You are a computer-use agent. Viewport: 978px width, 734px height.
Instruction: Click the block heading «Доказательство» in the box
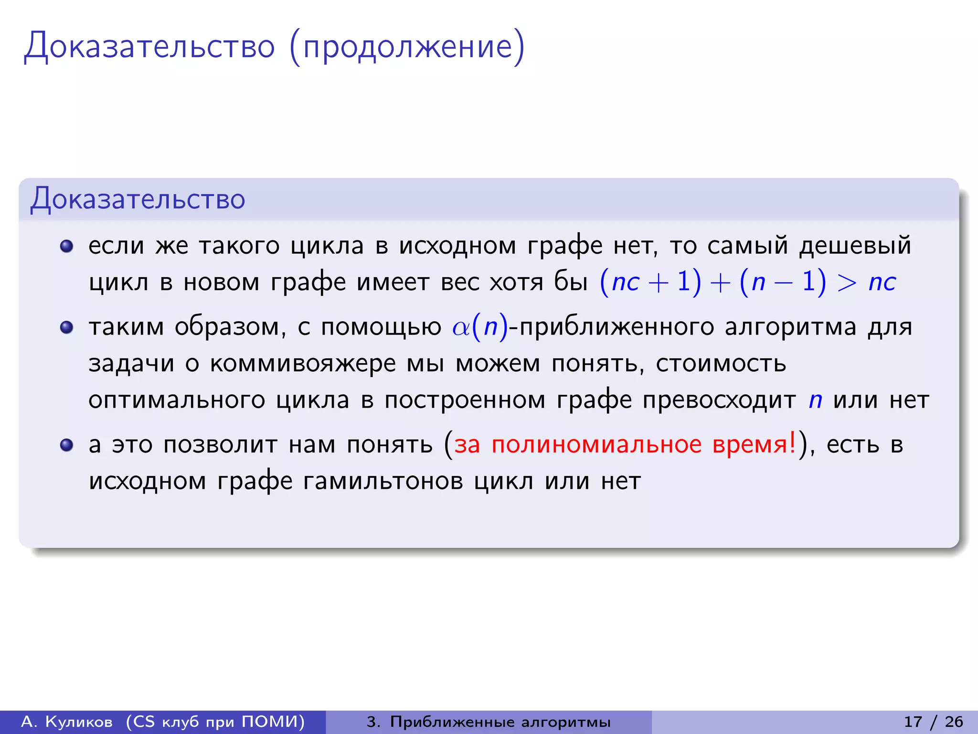tap(138, 199)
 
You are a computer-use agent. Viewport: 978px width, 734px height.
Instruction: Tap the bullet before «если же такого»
tap(66, 246)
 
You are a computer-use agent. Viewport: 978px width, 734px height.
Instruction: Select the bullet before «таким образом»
tap(66, 327)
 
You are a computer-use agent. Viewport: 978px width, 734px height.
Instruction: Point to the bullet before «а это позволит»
tap(66, 445)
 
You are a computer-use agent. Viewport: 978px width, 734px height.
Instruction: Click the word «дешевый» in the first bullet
tap(855, 246)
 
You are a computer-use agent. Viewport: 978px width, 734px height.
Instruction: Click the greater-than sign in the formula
tap(847, 282)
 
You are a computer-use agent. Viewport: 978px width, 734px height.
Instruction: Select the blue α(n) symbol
tap(480, 328)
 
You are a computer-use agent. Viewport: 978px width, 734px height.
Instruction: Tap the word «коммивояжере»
tap(303, 364)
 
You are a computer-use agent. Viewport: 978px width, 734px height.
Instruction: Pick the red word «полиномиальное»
tap(596, 444)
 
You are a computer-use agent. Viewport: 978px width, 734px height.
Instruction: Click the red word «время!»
tap(754, 444)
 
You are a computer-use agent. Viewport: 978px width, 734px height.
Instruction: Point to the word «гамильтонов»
tap(383, 481)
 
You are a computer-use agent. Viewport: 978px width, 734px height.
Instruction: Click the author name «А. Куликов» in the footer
tap(67, 722)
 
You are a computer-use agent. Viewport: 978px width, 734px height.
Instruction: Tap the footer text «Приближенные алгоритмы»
tap(500, 722)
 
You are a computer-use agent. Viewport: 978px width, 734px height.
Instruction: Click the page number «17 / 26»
tap(933, 722)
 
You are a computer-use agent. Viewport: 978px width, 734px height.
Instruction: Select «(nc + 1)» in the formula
tap(650, 282)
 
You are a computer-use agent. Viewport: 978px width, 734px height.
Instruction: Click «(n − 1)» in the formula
tap(782, 282)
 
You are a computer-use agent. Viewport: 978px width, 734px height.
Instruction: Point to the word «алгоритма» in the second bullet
tap(790, 328)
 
